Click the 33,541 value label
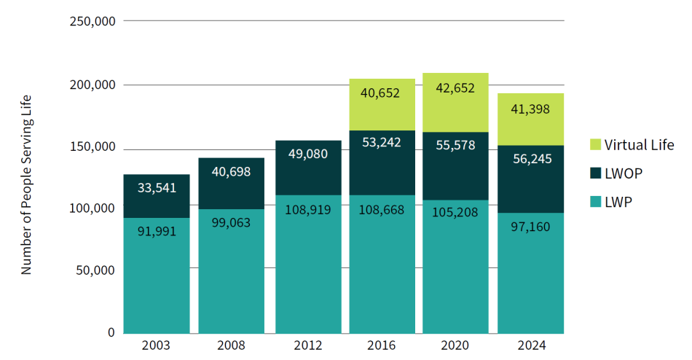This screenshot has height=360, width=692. coord(157,188)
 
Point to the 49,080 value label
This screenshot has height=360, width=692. coord(308,154)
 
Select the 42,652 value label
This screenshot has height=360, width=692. coord(455,88)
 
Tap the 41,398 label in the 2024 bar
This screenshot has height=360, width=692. coord(530,109)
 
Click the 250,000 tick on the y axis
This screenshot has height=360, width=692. coord(92,21)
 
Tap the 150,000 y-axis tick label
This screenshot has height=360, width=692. coord(92,146)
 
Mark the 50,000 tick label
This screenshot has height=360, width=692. coord(95,270)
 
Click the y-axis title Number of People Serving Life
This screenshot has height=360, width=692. coord(27,184)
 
